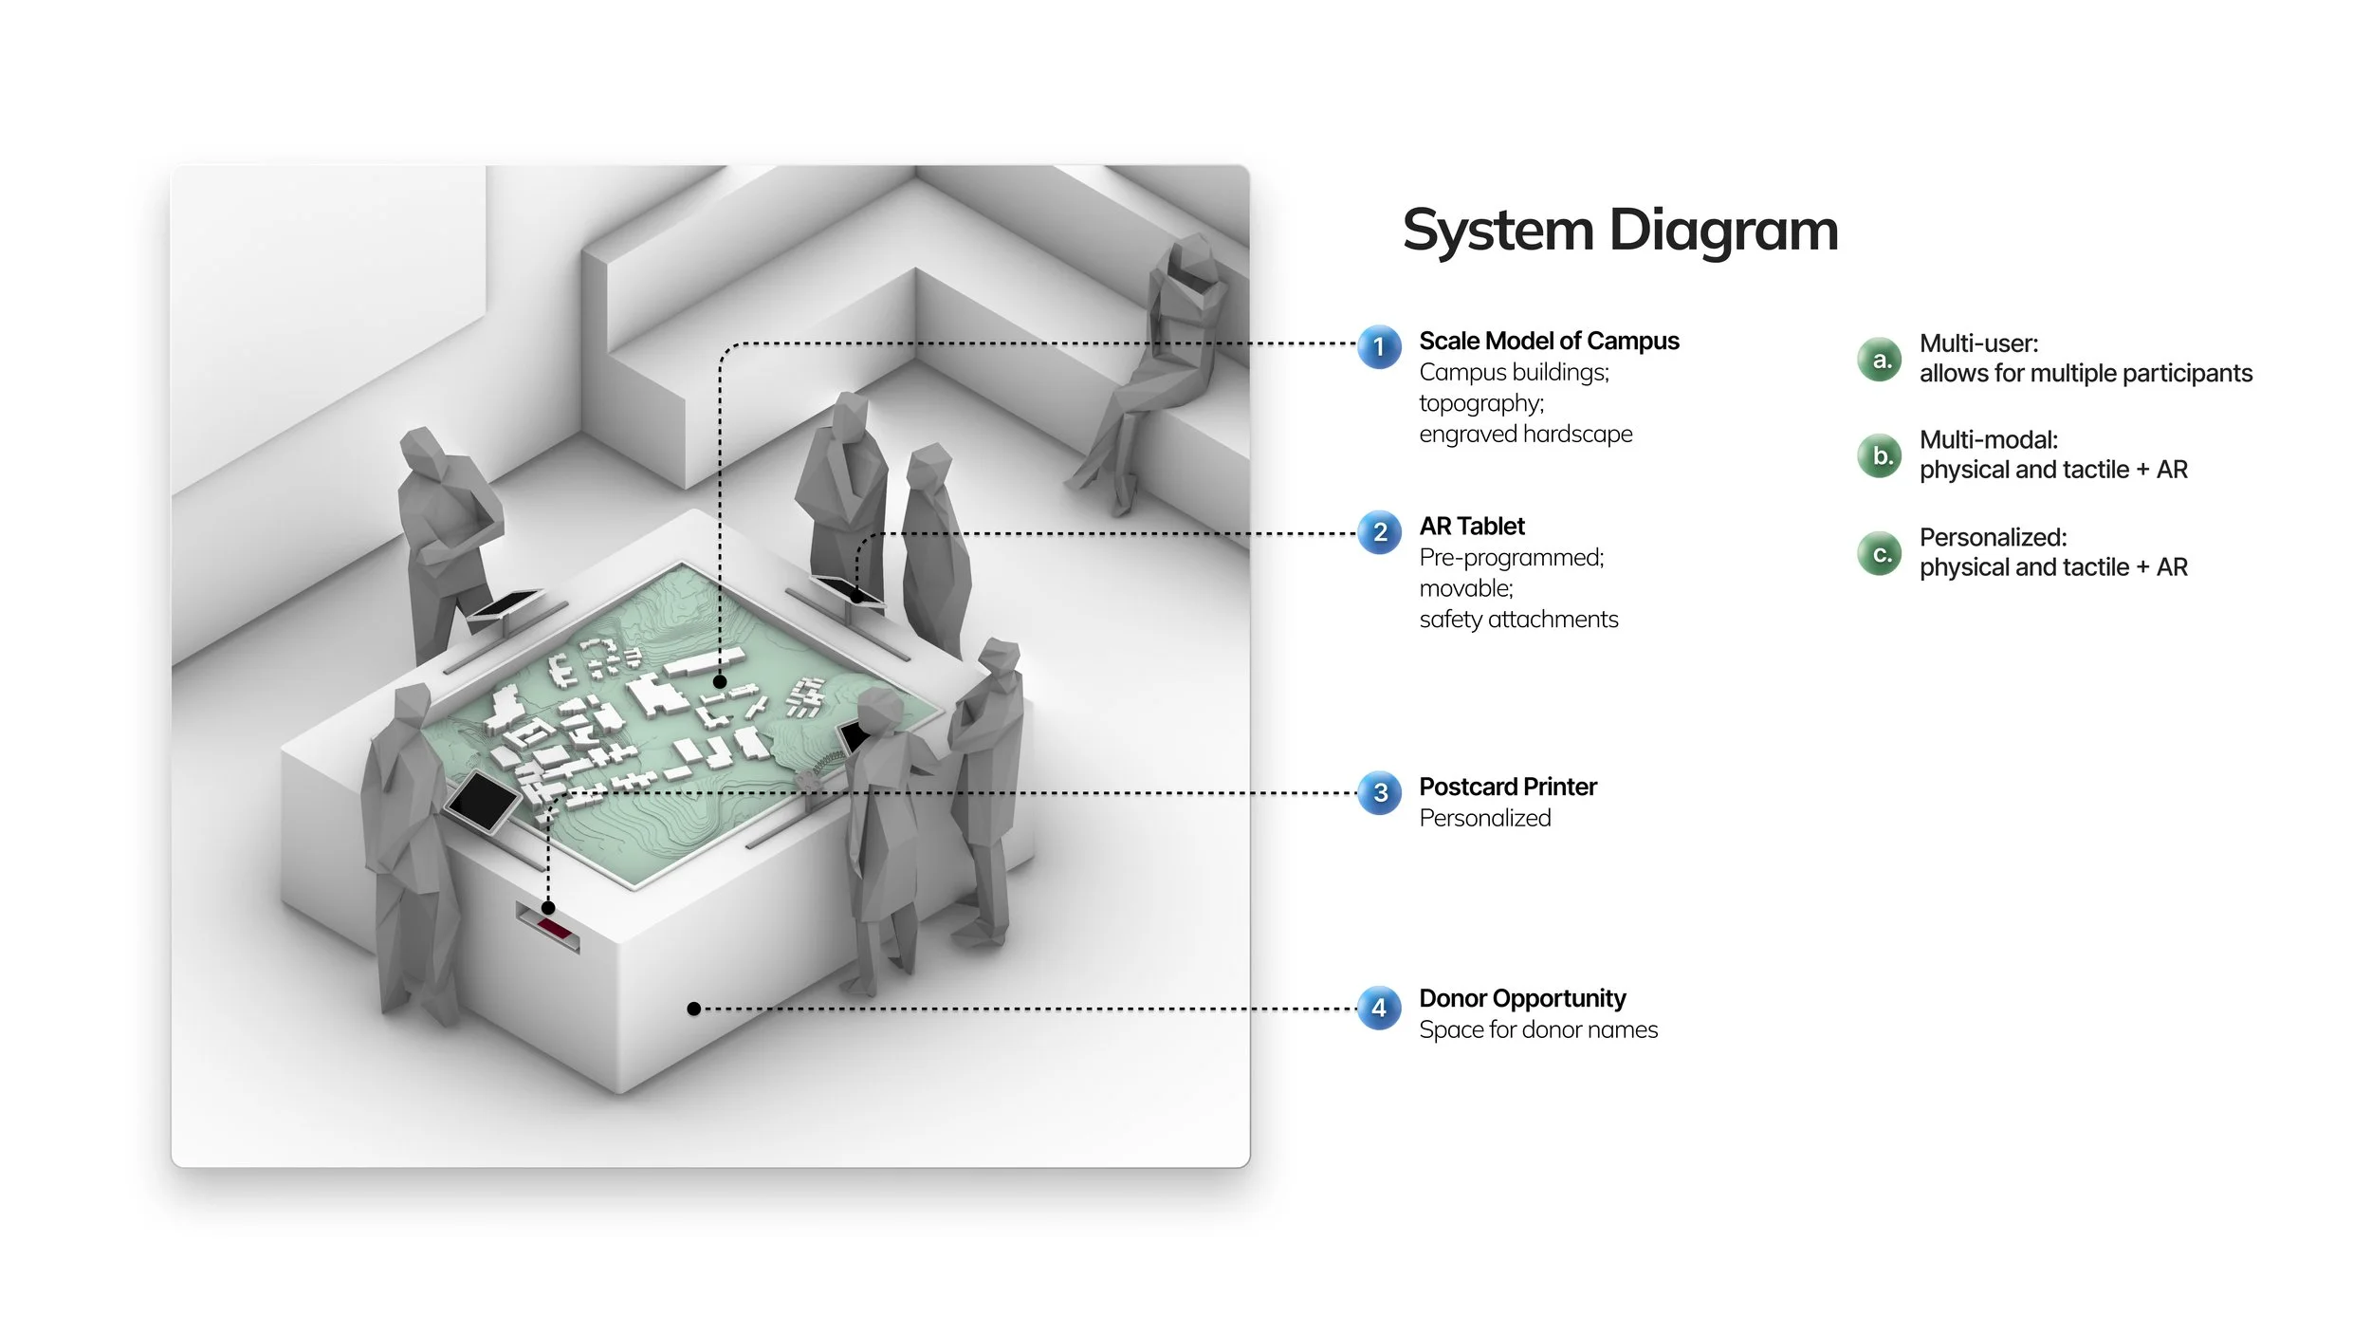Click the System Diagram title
click(x=1620, y=231)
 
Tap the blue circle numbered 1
click(x=1379, y=347)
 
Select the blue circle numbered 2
click(x=1380, y=532)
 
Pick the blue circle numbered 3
click(x=1380, y=793)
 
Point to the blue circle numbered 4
click(x=1379, y=1009)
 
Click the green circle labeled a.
click(x=1880, y=360)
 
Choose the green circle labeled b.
click(x=1880, y=456)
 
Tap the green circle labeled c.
click(x=1880, y=553)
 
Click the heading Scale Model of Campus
click(x=1549, y=341)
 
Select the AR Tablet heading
click(x=1472, y=526)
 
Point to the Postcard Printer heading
click(x=1508, y=787)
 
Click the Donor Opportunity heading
click(x=1522, y=998)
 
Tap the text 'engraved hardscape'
click(x=1526, y=434)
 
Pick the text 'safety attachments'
click(x=1518, y=619)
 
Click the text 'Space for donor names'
click(x=1538, y=1029)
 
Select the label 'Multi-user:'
click(x=1978, y=343)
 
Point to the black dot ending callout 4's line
click(x=694, y=1009)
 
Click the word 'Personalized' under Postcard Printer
click(x=1485, y=818)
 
